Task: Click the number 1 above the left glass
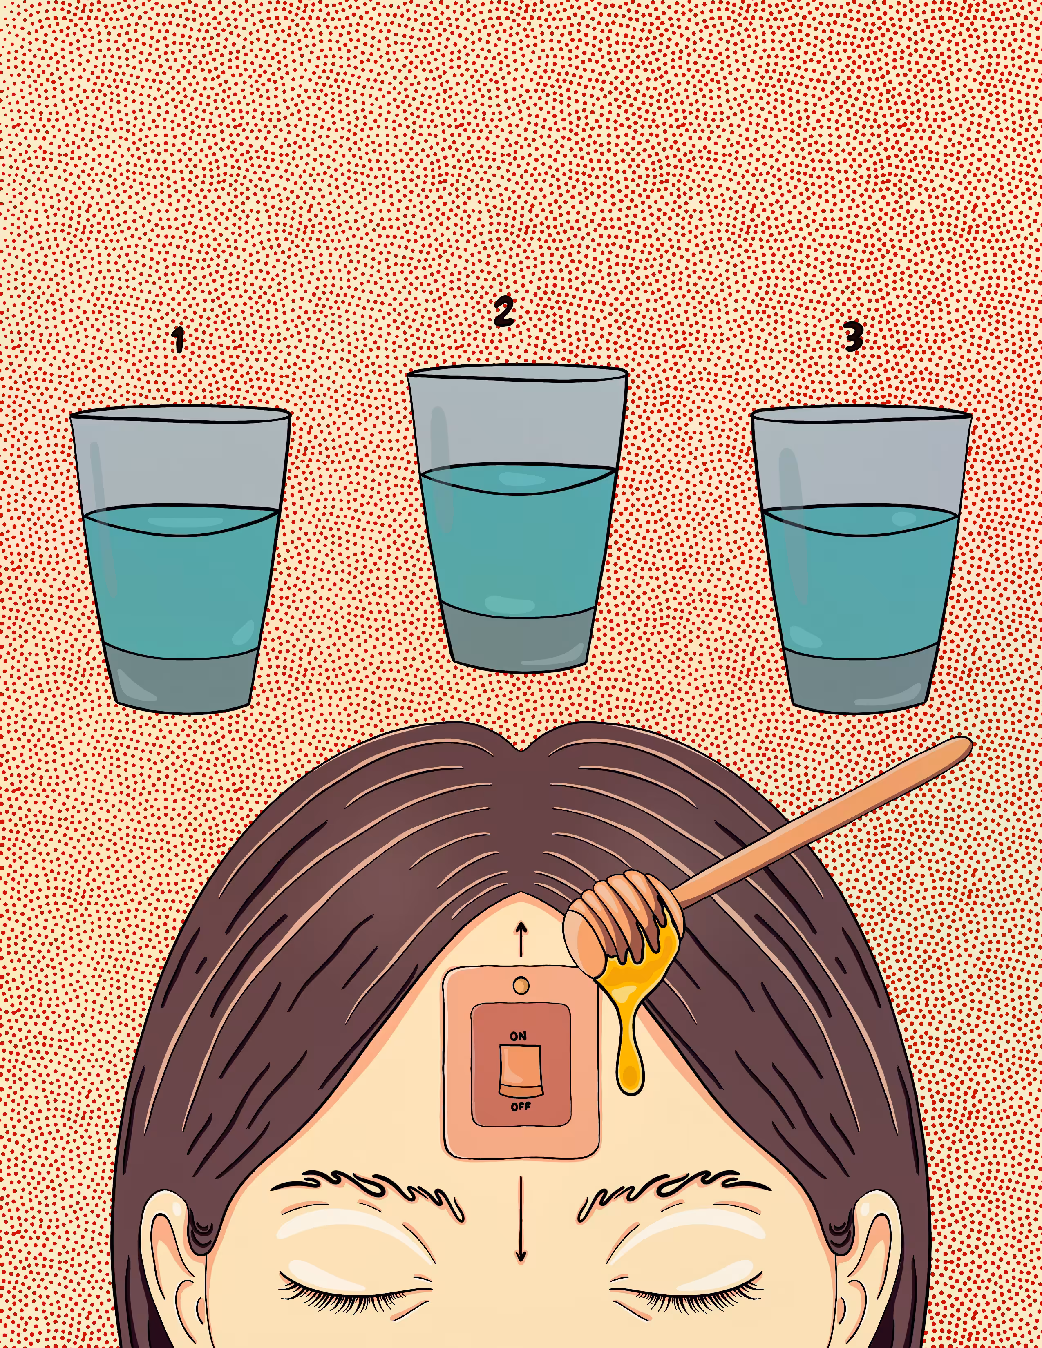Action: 179,339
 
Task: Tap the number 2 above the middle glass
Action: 504,311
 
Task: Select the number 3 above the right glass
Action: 853,337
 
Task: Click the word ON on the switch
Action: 519,1036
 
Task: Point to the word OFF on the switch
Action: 520,1107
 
